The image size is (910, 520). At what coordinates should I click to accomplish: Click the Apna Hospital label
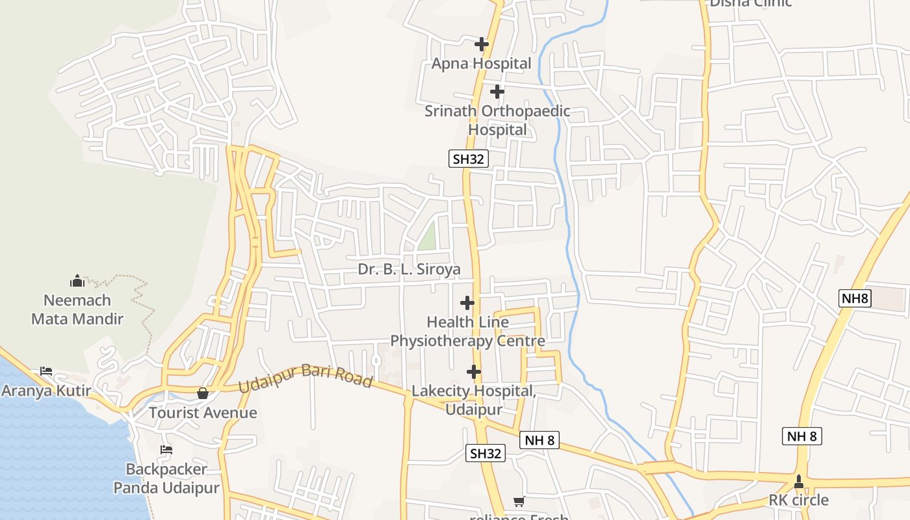481,64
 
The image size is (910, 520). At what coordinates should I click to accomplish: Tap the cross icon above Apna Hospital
481,44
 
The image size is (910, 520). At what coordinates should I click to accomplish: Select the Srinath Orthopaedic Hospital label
497,120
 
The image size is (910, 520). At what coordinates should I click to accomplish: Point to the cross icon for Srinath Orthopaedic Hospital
497,92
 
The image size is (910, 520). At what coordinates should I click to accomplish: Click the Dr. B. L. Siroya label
409,269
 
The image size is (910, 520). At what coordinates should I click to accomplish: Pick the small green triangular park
428,237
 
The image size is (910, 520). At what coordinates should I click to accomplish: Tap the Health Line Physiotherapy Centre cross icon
467,303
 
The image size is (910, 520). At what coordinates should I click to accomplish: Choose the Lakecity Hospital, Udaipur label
474,400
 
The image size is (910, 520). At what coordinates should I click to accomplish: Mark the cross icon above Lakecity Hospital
474,372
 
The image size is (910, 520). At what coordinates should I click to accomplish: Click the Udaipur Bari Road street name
305,378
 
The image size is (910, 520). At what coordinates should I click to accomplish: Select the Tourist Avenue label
203,413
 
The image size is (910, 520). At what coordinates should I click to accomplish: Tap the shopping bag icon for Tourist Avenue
203,393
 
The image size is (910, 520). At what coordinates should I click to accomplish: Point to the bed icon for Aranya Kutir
46,371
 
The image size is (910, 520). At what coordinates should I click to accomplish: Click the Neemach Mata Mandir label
77,309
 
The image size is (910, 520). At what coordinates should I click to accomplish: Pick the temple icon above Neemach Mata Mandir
77,281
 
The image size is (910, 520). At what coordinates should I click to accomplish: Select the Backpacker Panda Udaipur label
166,478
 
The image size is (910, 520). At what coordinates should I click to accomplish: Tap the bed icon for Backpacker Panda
166,450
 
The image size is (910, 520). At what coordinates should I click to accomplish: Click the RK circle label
799,500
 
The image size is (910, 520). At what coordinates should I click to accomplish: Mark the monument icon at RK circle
799,482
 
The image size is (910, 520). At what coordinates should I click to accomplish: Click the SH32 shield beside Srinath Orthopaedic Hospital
469,159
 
